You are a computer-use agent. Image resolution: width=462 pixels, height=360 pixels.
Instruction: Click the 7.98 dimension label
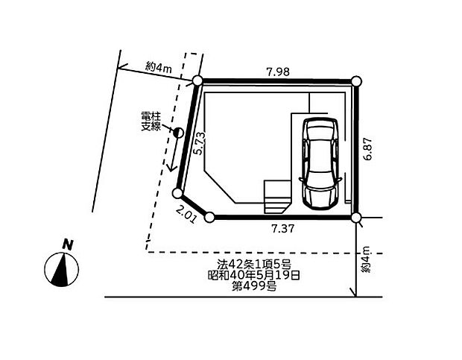click(x=278, y=72)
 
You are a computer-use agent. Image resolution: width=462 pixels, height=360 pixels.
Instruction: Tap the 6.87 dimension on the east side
click(x=368, y=148)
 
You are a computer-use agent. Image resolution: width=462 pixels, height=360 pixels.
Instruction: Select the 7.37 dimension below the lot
click(x=283, y=228)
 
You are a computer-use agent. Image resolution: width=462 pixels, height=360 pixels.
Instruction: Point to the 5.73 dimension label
click(x=200, y=143)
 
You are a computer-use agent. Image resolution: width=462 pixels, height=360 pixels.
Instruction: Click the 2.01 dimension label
click(x=186, y=214)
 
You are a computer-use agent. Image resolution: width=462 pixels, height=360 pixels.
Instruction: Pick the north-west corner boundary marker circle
click(x=197, y=80)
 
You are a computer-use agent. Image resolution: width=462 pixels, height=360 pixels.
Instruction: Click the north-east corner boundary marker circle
click(x=356, y=80)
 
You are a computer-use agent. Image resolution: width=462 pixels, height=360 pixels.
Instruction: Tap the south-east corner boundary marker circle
click(x=356, y=218)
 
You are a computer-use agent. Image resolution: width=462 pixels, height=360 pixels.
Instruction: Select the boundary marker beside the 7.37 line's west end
click(x=209, y=218)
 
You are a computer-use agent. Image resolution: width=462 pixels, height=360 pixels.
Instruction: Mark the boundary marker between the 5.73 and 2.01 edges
click(x=177, y=194)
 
